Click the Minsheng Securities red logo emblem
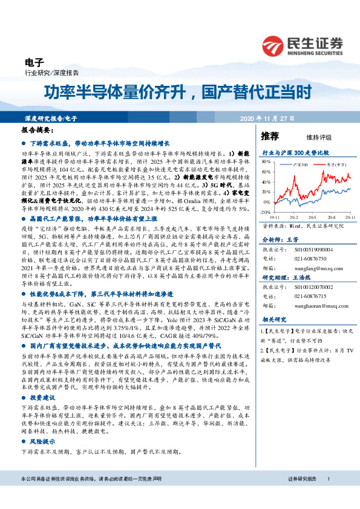coord(273,44)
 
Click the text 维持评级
coord(309,137)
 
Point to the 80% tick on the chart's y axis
coord(266,162)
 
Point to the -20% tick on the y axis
coord(265,212)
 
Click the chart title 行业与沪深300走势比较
coord(295,153)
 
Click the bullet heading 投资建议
coord(42,398)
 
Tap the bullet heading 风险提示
coord(42,442)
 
